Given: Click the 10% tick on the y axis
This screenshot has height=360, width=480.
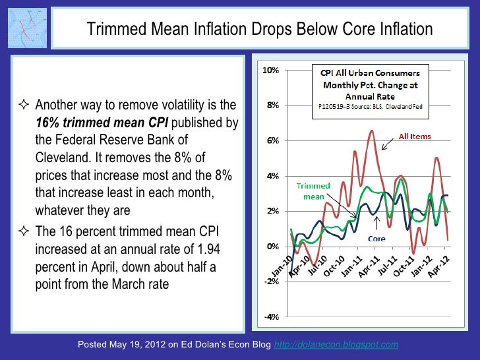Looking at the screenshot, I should (270, 70).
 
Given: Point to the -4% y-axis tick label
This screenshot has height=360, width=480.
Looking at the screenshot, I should (270, 316).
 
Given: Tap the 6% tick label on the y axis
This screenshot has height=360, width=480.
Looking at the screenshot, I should (271, 140).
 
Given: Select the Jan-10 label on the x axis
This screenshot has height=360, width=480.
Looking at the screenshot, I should (282, 265).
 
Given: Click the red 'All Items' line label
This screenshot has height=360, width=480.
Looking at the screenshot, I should (415, 136).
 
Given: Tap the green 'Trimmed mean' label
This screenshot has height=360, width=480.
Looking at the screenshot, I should (313, 191).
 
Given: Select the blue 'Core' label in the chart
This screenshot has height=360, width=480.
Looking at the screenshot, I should (376, 238).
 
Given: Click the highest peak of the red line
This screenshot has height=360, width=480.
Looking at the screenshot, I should (372, 131).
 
